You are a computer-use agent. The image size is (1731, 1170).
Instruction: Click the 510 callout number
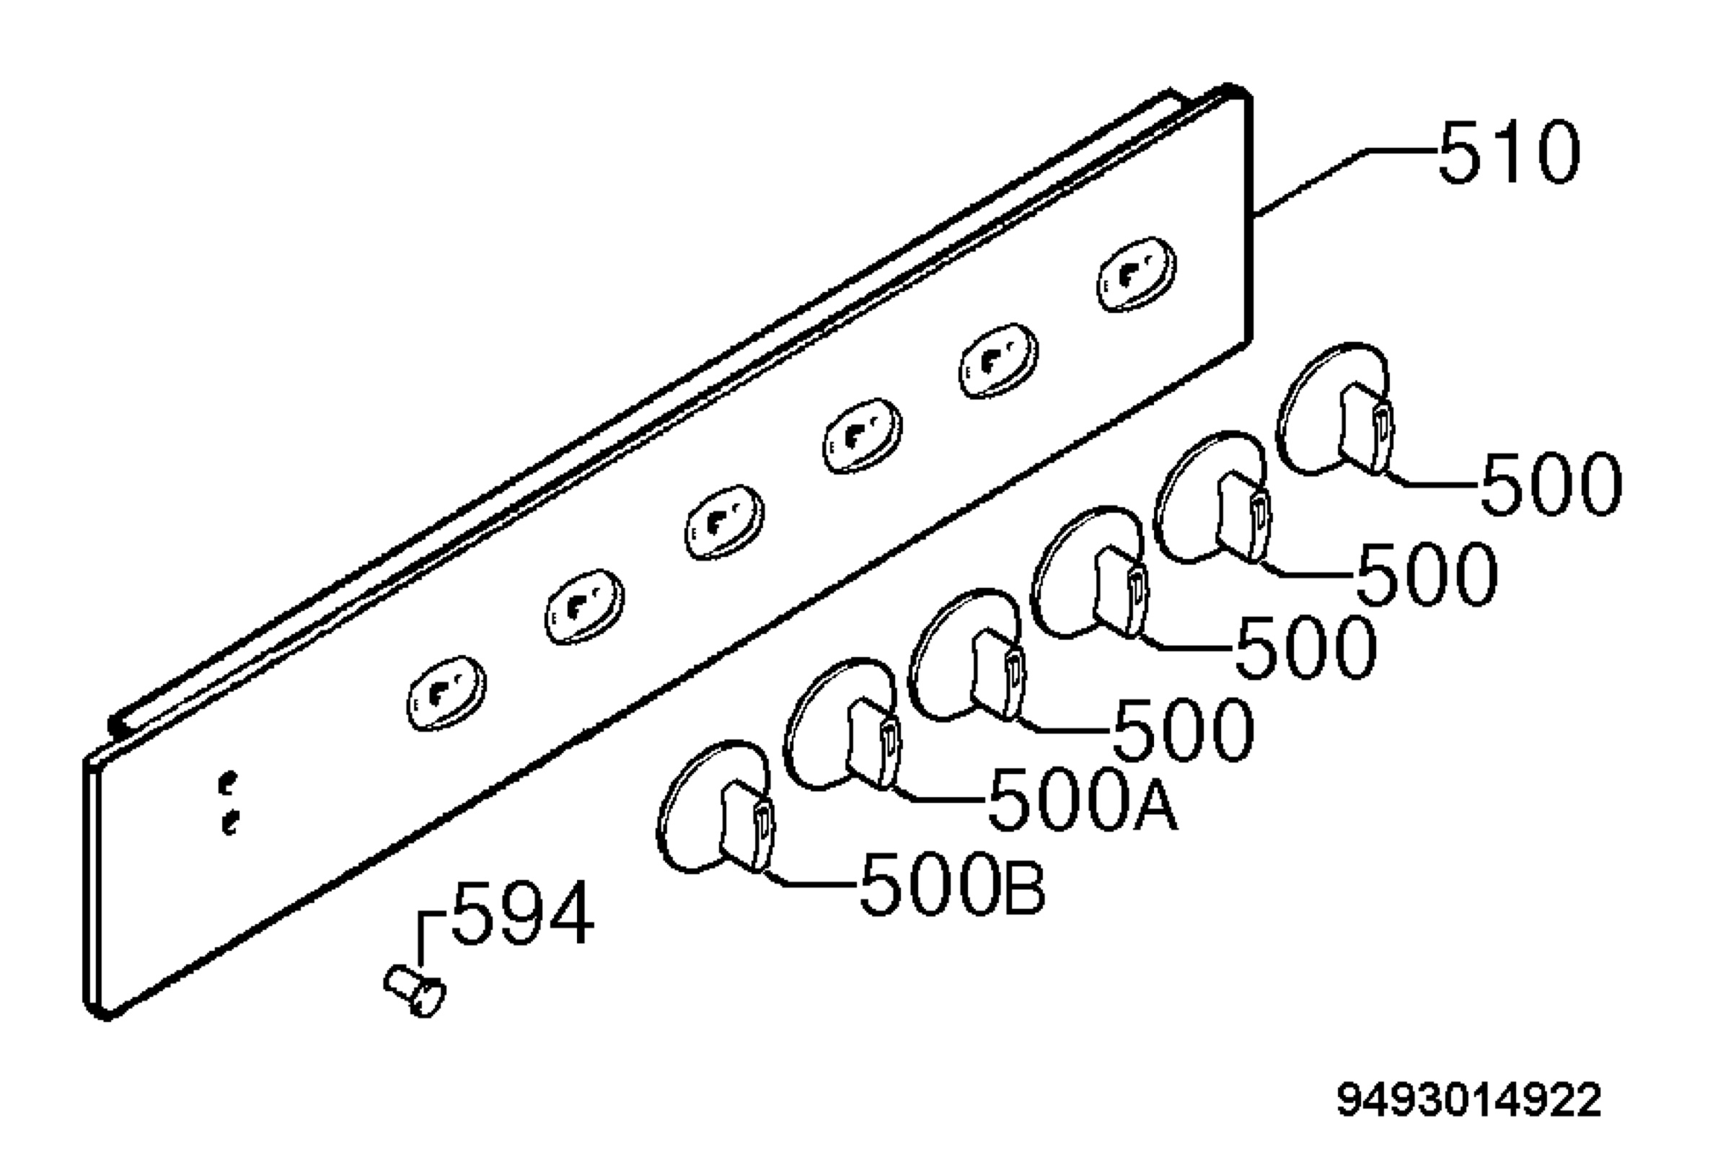coord(1509,152)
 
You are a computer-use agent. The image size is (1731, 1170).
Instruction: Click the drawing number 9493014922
coord(1468,1101)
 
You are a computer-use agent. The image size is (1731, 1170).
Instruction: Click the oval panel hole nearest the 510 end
coord(1137,274)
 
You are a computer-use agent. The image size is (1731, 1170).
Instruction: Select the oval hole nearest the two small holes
coord(446,692)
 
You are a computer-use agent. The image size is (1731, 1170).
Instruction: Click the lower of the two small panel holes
coord(230,823)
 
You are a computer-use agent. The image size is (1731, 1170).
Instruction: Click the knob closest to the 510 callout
coord(1335,409)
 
